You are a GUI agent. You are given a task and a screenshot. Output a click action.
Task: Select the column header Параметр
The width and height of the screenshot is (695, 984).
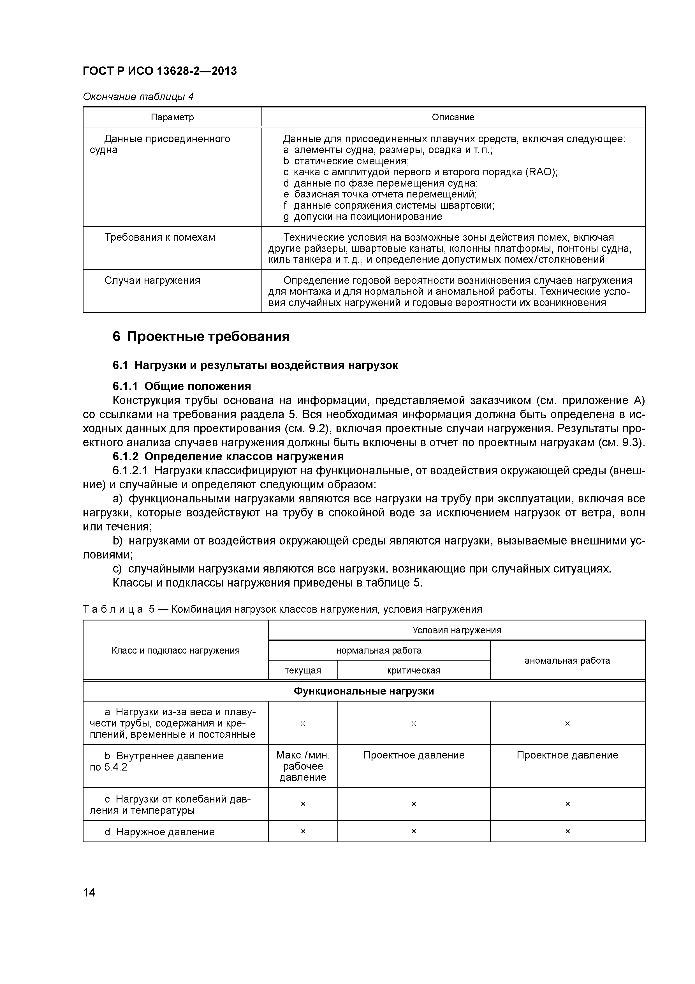click(x=172, y=117)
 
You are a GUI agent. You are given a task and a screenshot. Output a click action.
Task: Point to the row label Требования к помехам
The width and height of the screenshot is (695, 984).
click(x=160, y=237)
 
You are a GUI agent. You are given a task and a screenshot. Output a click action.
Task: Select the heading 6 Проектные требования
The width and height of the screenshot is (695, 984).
click(x=201, y=336)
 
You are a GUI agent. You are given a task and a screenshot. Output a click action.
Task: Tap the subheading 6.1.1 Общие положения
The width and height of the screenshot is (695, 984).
click(x=182, y=386)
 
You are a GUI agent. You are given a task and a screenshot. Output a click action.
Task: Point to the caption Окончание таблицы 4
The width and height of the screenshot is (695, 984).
click(x=138, y=96)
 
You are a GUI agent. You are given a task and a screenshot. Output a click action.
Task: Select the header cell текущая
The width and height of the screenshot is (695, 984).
click(x=303, y=670)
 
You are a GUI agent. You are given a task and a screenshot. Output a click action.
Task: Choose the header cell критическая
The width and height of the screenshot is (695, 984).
click(x=413, y=670)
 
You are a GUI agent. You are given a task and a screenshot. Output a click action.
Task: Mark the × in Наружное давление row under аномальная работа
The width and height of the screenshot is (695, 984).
click(x=567, y=831)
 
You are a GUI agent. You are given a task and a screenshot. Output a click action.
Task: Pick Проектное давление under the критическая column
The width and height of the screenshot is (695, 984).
click(x=413, y=755)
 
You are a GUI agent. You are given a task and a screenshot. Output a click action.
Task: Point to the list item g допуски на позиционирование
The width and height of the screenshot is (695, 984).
click(x=362, y=217)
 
